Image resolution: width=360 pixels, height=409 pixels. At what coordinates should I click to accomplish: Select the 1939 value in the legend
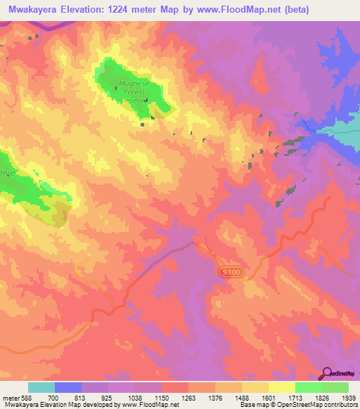point(348,397)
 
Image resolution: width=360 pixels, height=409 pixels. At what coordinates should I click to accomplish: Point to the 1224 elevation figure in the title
point(141,9)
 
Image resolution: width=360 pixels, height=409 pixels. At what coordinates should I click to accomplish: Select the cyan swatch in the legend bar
point(41,387)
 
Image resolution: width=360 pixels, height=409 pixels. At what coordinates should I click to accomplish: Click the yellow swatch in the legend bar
point(281,387)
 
